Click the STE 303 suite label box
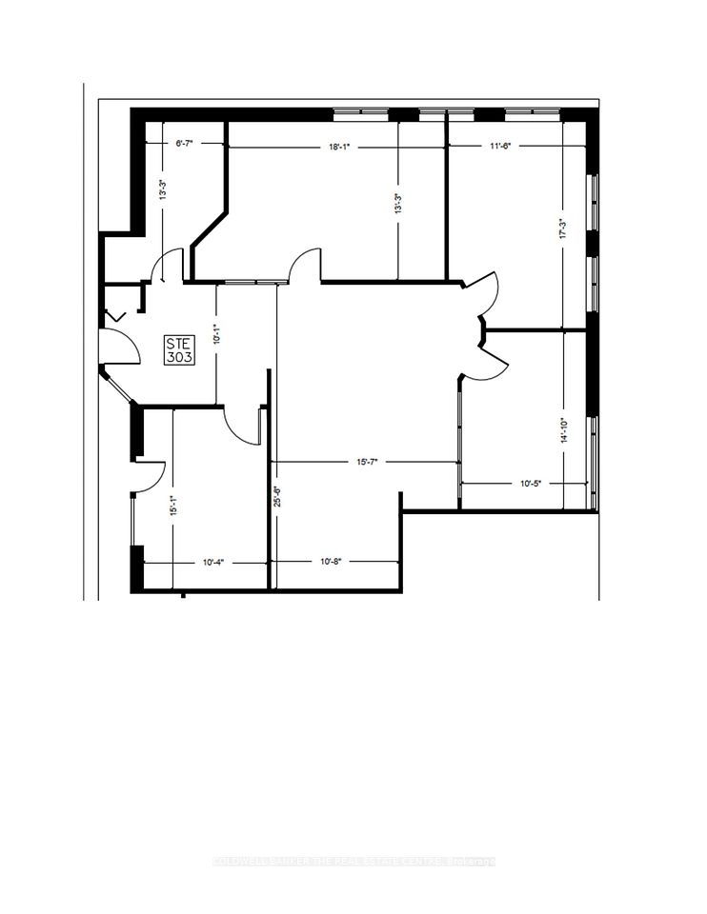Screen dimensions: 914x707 (178, 351)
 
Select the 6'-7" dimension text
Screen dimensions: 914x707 (186, 144)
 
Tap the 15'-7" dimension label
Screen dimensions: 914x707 (367, 463)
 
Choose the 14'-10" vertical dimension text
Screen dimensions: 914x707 (565, 433)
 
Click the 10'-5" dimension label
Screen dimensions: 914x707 (530, 484)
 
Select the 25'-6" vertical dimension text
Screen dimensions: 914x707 (276, 500)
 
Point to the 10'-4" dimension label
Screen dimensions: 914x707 (214, 563)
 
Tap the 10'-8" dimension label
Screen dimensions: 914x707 (331, 563)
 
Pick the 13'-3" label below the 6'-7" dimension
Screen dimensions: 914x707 (164, 190)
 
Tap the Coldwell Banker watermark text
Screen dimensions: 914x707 (353, 862)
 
